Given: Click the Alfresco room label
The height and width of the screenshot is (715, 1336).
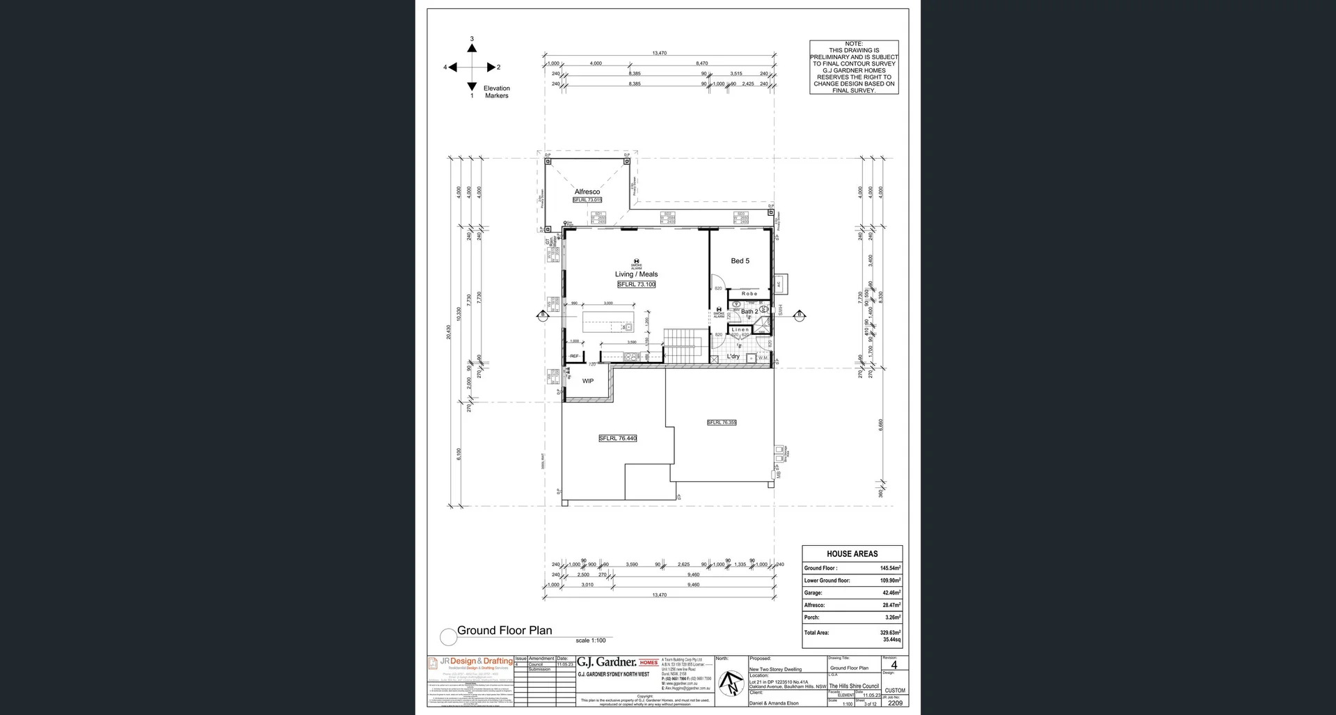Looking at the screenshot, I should [x=587, y=191].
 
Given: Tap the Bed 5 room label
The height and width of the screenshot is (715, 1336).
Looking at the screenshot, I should [x=740, y=261].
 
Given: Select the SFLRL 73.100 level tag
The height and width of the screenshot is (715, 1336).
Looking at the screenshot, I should [x=636, y=284].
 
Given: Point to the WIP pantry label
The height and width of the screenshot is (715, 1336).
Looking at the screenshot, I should [x=588, y=381].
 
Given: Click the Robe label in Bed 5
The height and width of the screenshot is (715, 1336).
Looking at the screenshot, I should [x=749, y=294].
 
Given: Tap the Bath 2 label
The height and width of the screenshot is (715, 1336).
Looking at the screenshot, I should [x=749, y=311].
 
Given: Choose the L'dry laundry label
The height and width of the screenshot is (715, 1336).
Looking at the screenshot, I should [x=733, y=356].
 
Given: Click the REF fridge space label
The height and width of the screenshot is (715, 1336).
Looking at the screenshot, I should [x=574, y=356].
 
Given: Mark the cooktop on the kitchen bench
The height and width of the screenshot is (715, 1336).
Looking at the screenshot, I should [x=631, y=356].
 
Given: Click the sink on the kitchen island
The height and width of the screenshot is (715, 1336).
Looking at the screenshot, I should [x=628, y=327].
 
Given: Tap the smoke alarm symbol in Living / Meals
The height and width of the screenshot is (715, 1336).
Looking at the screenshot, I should [x=636, y=262].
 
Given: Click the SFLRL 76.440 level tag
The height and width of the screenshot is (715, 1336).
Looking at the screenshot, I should [x=617, y=438].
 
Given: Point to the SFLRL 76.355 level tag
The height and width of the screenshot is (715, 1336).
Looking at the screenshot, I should [x=722, y=422].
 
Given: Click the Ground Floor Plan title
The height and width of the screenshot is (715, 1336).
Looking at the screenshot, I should [x=504, y=631].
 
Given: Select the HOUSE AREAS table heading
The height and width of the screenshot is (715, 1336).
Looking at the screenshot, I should [x=852, y=553].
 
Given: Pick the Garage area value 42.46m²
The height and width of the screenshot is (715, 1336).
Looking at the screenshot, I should [x=891, y=593].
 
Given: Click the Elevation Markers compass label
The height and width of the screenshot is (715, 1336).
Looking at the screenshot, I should [x=496, y=92].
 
